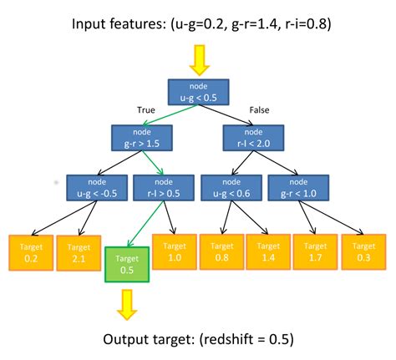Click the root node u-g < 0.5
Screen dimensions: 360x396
[x=197, y=93]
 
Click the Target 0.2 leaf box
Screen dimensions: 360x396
[x=30, y=253]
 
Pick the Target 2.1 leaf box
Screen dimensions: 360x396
[x=78, y=253]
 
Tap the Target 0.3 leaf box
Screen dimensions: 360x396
[x=363, y=253]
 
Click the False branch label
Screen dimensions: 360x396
[x=259, y=109]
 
